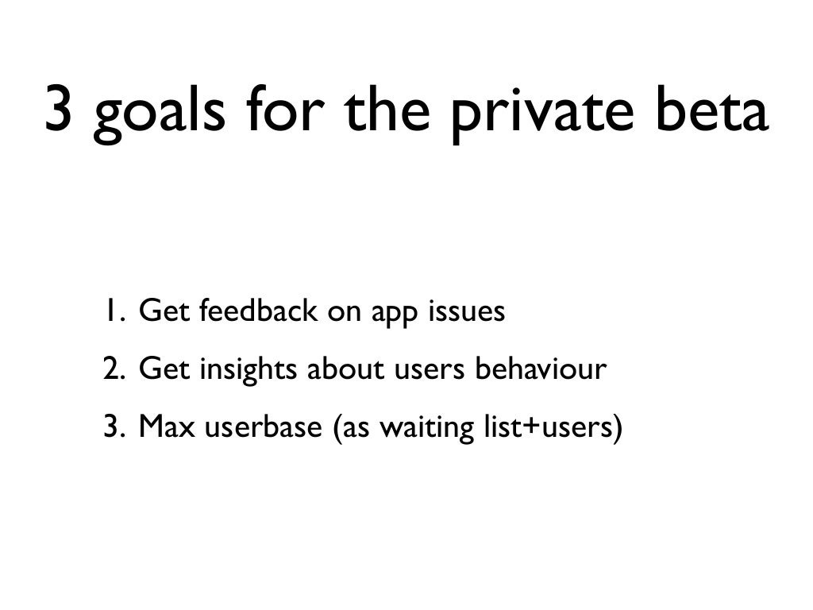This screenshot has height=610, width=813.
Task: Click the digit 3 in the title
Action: pyautogui.click(x=64, y=110)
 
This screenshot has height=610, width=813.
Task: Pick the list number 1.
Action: pyautogui.click(x=111, y=312)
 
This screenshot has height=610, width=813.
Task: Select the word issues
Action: pyautogui.click(x=466, y=312)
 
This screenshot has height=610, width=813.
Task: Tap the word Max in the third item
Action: pyautogui.click(x=168, y=428)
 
